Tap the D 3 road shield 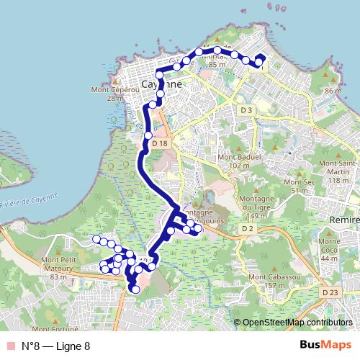(x=246, y=109)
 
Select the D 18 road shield (x=160, y=144)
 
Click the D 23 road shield (x=330, y=292)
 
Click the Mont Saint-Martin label (x=343, y=172)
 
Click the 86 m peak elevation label (x=333, y=91)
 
